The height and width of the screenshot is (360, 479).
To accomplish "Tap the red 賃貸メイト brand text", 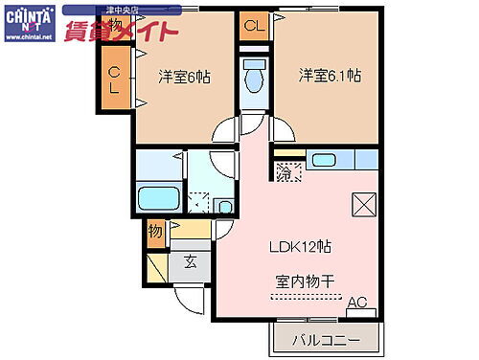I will click(x=120, y=32).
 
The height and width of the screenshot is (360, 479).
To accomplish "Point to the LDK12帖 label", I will click(x=300, y=246).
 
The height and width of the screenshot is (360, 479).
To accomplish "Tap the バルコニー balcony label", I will click(x=328, y=340).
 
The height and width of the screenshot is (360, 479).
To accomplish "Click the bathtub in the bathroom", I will click(x=159, y=199).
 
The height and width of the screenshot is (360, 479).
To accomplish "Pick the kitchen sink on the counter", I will click(x=324, y=161).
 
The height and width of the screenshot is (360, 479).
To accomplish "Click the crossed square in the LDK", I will click(x=365, y=205).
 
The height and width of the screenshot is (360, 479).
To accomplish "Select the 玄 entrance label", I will click(x=191, y=262).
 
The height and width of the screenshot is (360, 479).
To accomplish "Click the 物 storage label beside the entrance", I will click(x=155, y=230).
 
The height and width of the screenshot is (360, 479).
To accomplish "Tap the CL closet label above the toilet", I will click(x=254, y=27).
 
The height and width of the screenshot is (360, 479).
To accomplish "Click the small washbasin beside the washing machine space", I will click(x=224, y=205).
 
